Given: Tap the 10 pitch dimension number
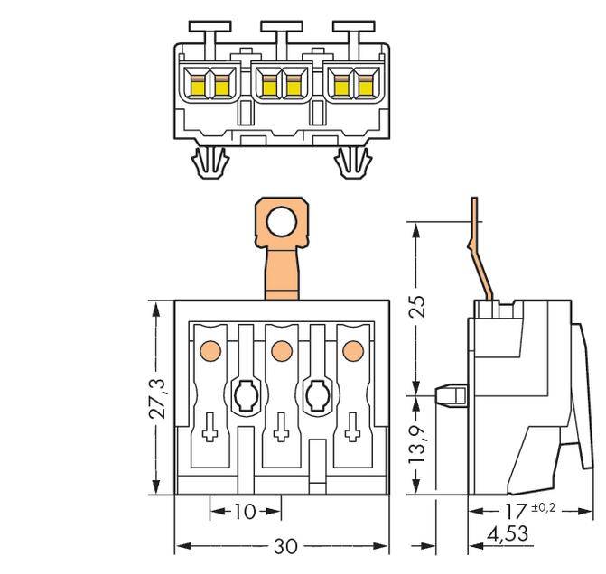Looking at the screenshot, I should pos(244,512).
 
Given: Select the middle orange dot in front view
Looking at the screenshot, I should pos(281,348).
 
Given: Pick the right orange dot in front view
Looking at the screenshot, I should pos(352,348).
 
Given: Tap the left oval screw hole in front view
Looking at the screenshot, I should pos(245,393).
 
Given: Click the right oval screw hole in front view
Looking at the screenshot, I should pos(317,393).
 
